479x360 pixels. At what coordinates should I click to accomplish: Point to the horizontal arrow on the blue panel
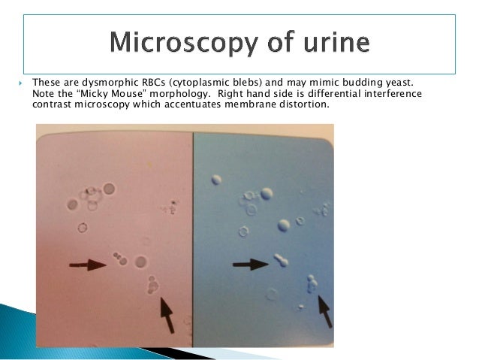(x=250, y=265)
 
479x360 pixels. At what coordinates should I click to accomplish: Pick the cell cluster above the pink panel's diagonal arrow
(x=152, y=285)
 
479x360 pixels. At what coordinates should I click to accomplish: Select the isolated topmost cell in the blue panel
(x=217, y=180)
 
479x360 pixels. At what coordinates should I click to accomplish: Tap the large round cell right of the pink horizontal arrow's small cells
(x=140, y=262)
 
